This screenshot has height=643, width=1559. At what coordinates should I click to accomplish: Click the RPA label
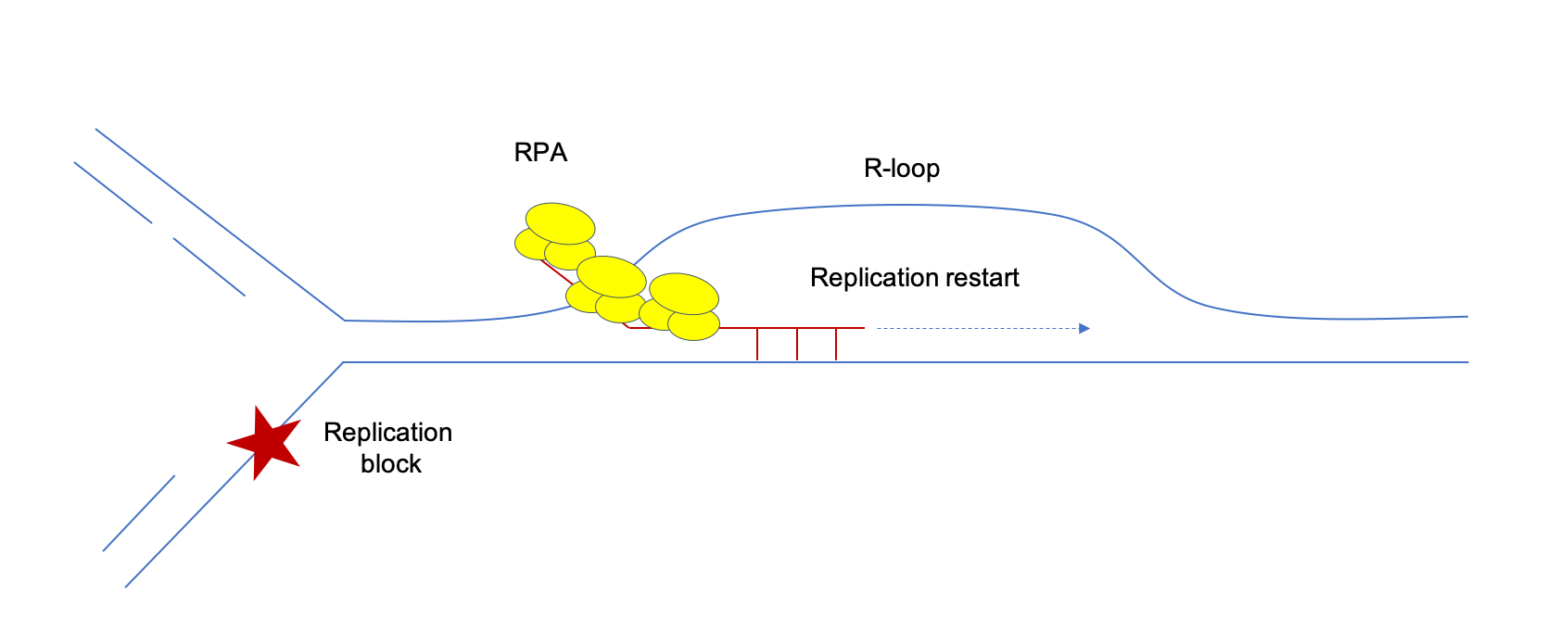(x=540, y=153)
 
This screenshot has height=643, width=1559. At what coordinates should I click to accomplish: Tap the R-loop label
(x=902, y=169)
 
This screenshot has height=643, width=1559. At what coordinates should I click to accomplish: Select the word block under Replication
(x=391, y=463)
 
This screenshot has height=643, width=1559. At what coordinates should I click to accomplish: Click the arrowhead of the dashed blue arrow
(x=1084, y=328)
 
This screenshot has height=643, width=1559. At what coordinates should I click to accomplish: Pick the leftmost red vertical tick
(x=757, y=344)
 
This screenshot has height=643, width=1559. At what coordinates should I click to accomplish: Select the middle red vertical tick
(x=797, y=344)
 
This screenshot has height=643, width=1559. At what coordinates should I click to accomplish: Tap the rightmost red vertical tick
(x=836, y=344)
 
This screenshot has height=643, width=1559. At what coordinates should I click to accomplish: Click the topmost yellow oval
(x=560, y=222)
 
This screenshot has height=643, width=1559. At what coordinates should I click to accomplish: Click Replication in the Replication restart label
(x=863, y=278)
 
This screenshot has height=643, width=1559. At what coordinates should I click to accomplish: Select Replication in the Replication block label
(x=387, y=433)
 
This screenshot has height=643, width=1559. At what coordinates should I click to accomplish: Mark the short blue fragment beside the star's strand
(x=139, y=513)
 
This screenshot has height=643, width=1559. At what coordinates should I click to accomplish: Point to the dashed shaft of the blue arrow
(x=973, y=328)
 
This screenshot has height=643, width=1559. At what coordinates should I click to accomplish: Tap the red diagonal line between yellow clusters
(x=556, y=273)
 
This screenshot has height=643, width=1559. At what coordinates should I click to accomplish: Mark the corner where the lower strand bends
(x=344, y=362)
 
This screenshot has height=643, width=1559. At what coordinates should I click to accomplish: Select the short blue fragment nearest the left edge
(x=112, y=193)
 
